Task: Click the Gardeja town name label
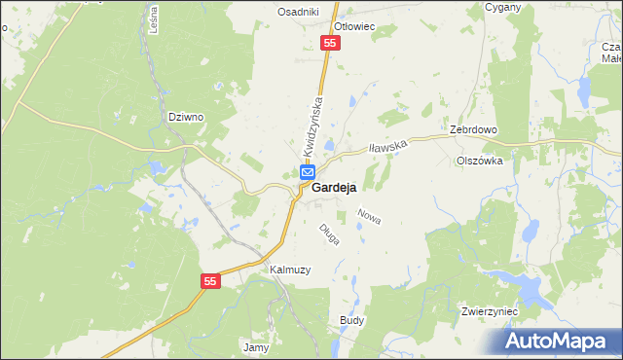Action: click(x=333, y=188)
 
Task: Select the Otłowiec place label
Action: click(x=354, y=27)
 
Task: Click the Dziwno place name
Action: click(x=185, y=117)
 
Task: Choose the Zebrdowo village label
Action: click(x=474, y=129)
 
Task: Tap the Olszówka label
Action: click(x=480, y=162)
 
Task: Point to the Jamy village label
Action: click(x=255, y=346)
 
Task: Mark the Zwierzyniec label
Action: click(x=490, y=311)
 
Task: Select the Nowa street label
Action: click(x=369, y=216)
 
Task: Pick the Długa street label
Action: click(x=328, y=234)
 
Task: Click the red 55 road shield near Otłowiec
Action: click(x=331, y=44)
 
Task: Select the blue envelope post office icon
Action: click(x=307, y=173)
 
